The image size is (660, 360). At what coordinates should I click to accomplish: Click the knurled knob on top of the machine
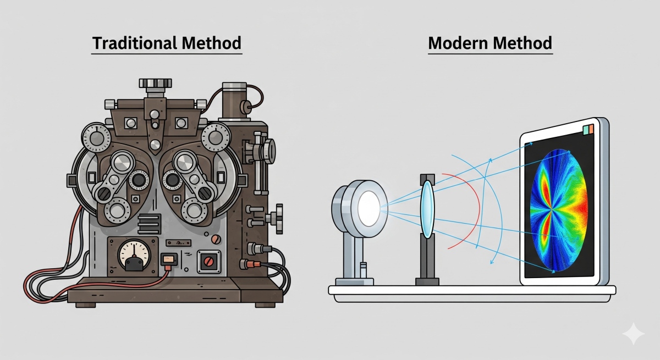click(x=152, y=84)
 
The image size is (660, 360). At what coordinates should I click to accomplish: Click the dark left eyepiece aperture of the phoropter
click(x=139, y=180)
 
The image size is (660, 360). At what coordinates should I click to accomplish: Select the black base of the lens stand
click(x=427, y=282)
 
